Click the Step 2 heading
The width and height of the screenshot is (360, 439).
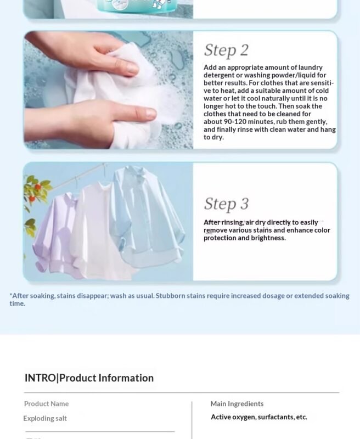coord(226,50)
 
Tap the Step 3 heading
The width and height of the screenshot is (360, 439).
coord(226,204)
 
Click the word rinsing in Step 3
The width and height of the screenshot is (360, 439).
coord(232,222)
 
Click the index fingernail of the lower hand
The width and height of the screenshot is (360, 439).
coord(150,114)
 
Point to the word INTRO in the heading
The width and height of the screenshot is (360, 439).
coord(40,378)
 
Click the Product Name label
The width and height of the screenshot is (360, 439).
coord(47,404)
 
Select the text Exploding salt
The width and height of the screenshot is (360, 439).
coord(45,418)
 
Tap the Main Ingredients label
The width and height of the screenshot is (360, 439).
coord(237,404)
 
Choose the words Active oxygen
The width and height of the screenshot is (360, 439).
coord(233,417)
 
